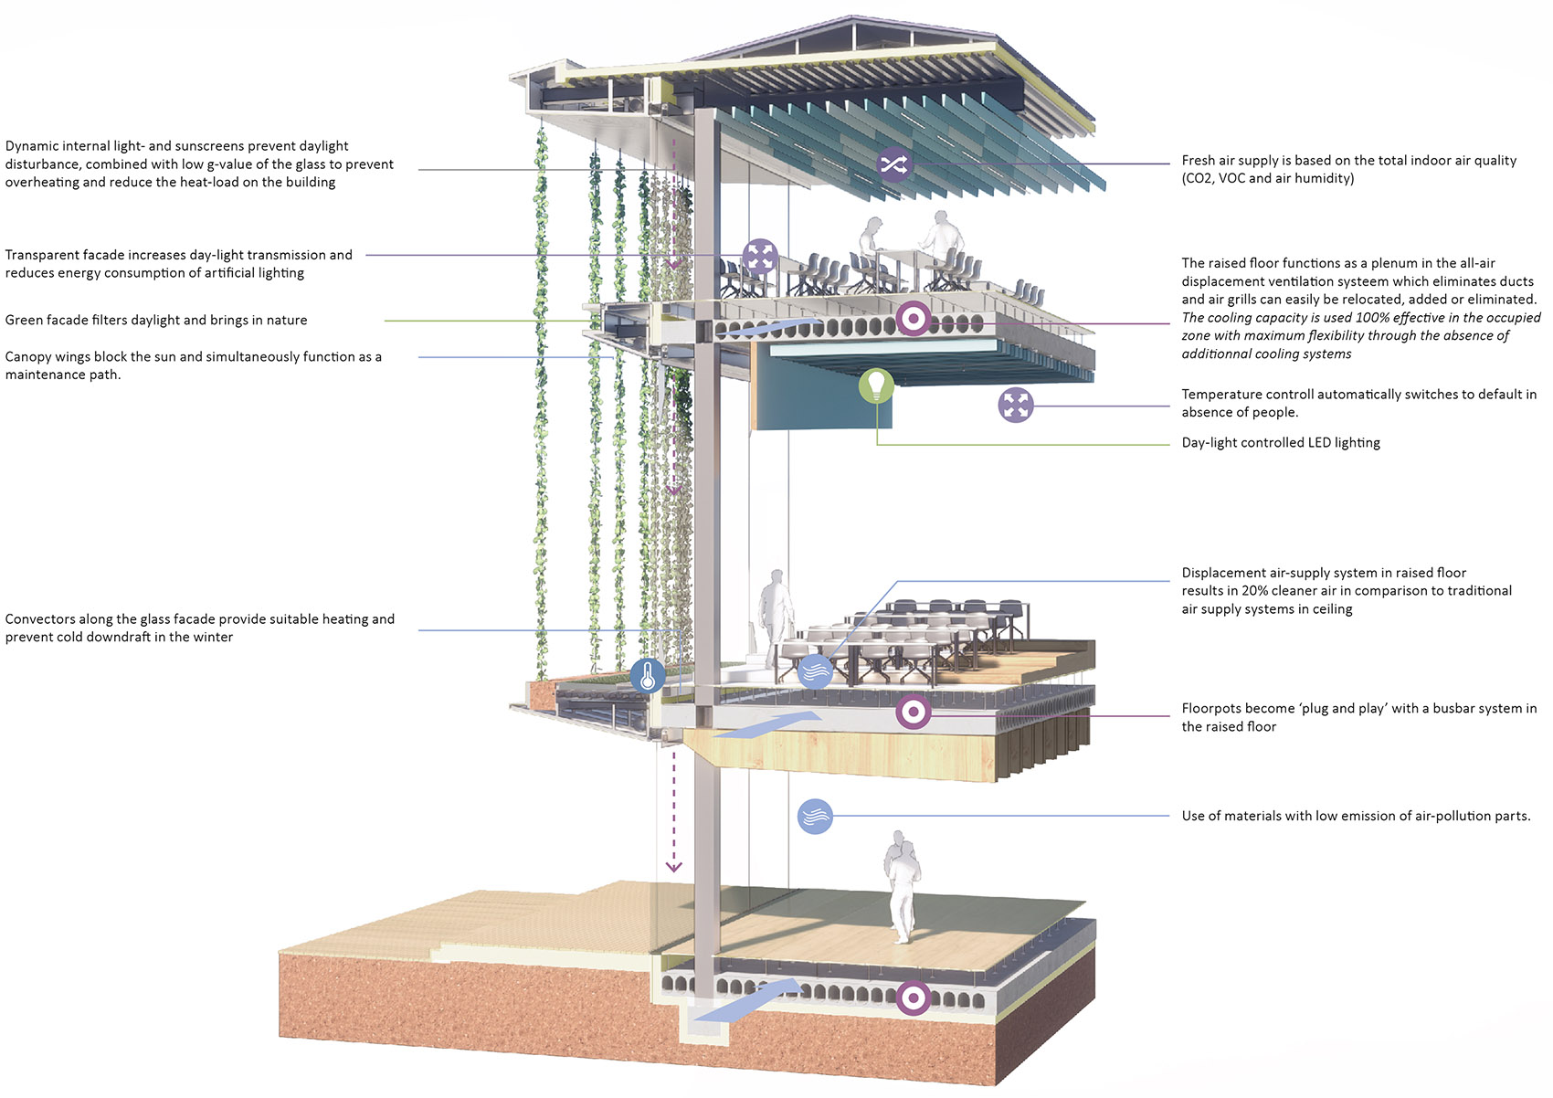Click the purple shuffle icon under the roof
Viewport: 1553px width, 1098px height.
894,164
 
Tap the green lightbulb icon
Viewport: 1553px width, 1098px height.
876,385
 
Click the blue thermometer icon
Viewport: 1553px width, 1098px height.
648,675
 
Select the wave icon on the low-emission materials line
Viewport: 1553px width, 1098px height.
815,816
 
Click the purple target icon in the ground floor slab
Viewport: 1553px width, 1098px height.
914,998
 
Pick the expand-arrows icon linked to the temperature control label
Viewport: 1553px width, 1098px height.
1016,405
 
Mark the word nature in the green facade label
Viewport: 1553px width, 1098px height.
286,321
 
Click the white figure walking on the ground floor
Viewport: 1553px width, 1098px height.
902,887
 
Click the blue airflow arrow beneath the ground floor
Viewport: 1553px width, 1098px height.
747,999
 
